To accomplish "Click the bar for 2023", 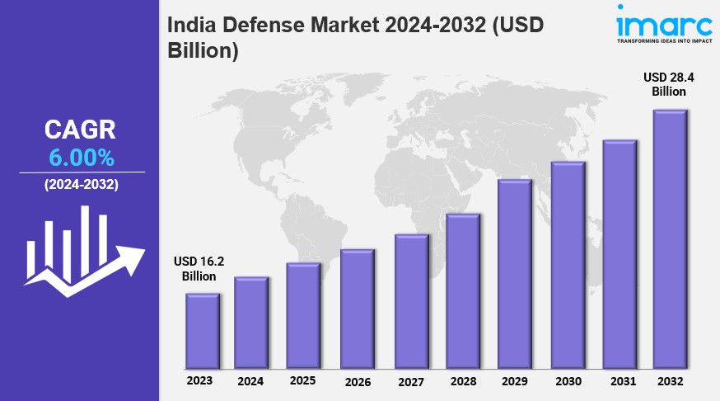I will (x=202, y=331).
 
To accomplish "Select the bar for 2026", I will (x=358, y=309).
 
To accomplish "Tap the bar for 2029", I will (x=514, y=274).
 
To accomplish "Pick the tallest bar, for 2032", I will (x=670, y=239).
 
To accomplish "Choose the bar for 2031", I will (x=619, y=254).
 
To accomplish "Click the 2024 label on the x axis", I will (x=250, y=381).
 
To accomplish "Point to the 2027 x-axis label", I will (x=409, y=381).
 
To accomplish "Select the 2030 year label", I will (x=568, y=381).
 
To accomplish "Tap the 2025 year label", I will (x=302, y=380).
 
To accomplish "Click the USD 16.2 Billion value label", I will (x=199, y=269).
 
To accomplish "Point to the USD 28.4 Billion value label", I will (x=668, y=84).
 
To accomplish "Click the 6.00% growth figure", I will (x=81, y=157).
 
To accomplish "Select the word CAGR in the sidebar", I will (x=81, y=130).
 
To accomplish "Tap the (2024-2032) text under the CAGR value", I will (x=81, y=185).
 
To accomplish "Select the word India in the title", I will (x=191, y=26).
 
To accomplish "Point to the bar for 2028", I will (x=462, y=291).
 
